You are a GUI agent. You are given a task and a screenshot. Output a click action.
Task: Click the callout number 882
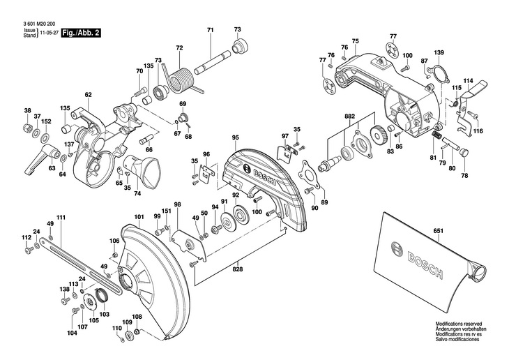click(x=349, y=116)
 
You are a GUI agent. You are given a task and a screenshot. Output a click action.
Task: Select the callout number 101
click(x=139, y=216)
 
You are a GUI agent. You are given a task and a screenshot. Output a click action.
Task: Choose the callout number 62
click(x=89, y=95)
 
